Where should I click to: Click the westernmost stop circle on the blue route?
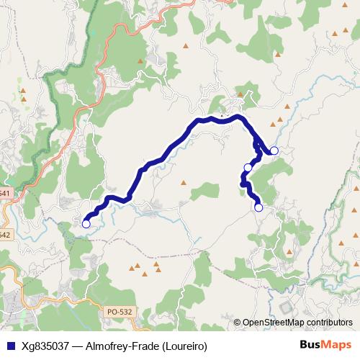pos(86,223)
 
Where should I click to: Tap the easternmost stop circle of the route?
pos(274,150)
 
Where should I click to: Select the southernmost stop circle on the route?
pos(258,208)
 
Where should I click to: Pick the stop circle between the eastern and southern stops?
pos(248,168)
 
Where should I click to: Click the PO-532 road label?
pos(119,311)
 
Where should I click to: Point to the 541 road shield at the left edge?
pos(4,194)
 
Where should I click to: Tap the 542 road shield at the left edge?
pos(4,235)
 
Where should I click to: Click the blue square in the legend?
pos(9,344)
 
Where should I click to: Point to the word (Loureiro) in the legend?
pos(184,344)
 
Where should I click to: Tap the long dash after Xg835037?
pos(78,344)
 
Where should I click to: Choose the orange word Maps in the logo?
pos(337,344)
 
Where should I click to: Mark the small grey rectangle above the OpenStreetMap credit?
pos(286,307)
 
